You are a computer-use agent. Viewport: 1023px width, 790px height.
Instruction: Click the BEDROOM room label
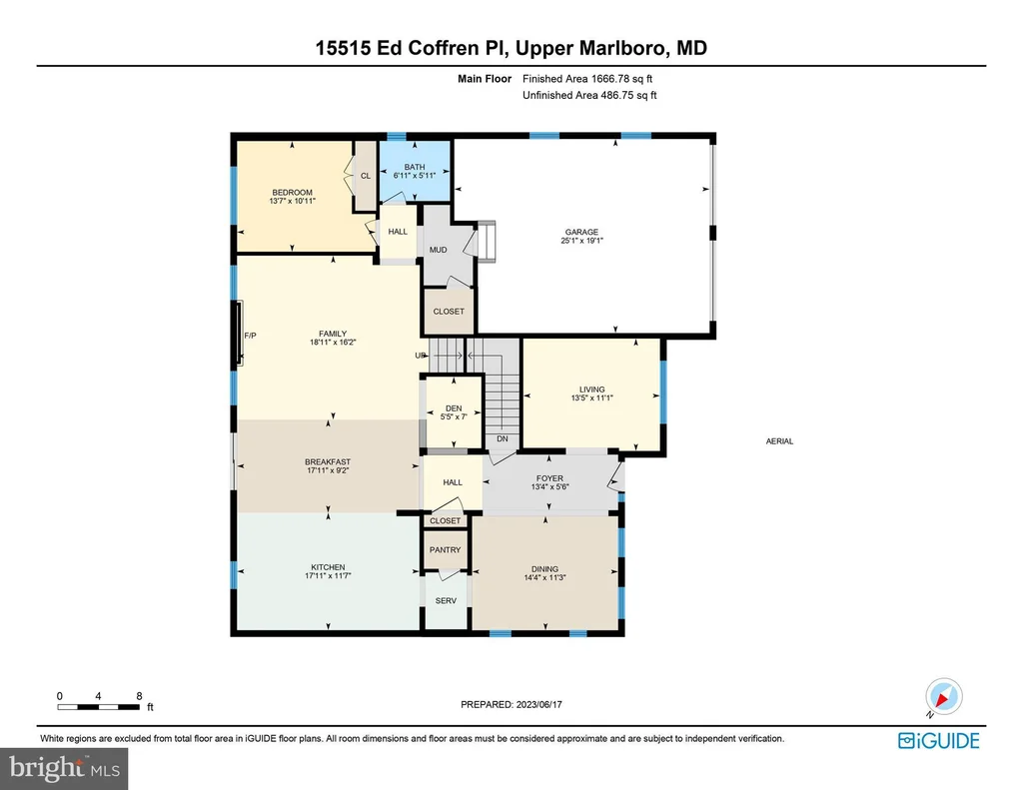coord(293,193)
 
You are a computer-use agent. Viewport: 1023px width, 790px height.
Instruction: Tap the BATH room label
coord(415,167)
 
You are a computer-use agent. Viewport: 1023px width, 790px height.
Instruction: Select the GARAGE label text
coord(582,232)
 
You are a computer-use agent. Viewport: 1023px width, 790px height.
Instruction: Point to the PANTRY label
coord(445,550)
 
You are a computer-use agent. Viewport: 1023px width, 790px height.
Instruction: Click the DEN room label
coord(454,408)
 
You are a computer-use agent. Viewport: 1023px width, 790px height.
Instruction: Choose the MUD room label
coord(438,250)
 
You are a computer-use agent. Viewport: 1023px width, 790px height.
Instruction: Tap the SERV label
coord(446,601)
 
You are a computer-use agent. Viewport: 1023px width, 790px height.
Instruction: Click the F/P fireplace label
coord(250,336)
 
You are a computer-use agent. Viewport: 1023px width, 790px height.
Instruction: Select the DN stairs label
coord(503,439)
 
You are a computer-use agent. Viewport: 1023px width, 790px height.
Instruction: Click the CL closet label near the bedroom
coord(366,176)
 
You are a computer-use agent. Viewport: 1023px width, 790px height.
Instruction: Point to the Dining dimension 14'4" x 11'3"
coord(544,577)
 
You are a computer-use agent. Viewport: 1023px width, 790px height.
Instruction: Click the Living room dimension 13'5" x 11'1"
coord(591,397)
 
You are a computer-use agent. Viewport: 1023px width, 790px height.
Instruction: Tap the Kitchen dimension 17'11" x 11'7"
coord(328,576)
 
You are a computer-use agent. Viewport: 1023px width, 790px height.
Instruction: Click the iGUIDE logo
coord(939,740)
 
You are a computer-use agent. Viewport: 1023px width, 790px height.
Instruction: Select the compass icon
coord(943,697)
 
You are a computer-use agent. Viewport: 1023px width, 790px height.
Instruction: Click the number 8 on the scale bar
coord(139,696)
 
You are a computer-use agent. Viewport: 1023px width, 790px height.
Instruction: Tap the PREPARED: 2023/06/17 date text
coord(511,704)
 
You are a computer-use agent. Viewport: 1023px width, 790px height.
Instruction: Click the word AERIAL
coord(779,441)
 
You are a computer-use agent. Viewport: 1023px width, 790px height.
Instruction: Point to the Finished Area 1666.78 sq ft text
coord(587,79)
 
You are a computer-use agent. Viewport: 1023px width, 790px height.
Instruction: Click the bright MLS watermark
coord(64,768)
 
